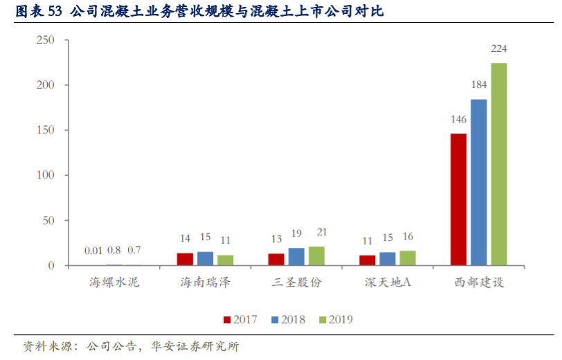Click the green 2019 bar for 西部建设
(499, 164)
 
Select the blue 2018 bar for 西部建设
(479, 182)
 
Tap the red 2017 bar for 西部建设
(458, 199)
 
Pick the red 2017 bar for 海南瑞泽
(185, 259)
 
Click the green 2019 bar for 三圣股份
(317, 256)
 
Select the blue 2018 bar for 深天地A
(388, 258)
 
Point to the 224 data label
(499, 49)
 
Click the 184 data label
(479, 85)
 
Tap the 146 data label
(458, 120)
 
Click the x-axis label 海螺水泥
(114, 282)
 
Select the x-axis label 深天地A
(388, 282)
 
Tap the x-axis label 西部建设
(478, 282)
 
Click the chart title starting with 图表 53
(201, 12)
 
